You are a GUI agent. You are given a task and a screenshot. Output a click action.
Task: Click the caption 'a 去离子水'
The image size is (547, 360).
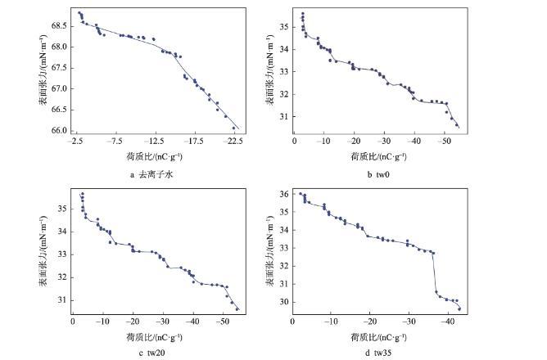click(150, 175)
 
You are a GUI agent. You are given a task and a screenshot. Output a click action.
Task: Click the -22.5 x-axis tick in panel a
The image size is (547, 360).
click(234, 141)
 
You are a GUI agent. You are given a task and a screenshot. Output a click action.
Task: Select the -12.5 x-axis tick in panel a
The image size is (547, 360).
click(155, 141)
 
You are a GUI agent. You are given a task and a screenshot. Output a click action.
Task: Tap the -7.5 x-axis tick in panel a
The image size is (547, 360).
click(115, 141)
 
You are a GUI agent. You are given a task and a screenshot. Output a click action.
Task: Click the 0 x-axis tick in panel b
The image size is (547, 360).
click(294, 141)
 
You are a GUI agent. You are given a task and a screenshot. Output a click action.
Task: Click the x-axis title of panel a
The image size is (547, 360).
click(154, 155)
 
